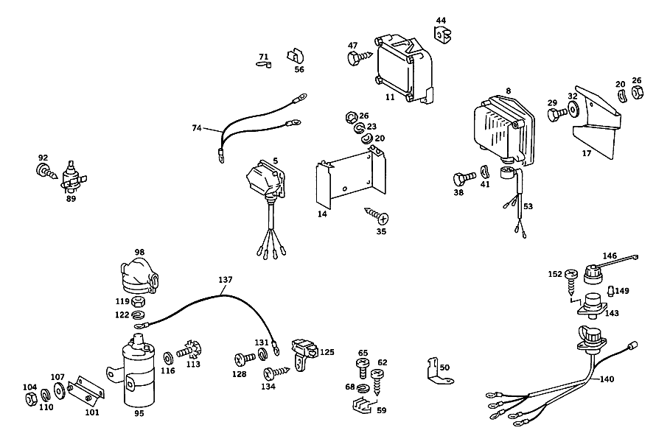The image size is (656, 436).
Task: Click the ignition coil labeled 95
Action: (x=138, y=372)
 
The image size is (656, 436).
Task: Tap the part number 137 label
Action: (x=225, y=280)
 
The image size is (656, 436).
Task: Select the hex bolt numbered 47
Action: (x=360, y=57)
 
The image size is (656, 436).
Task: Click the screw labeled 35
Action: (x=377, y=215)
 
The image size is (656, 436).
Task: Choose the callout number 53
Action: (x=528, y=206)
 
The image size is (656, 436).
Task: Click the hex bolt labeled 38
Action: (x=464, y=178)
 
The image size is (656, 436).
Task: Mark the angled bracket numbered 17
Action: (x=596, y=122)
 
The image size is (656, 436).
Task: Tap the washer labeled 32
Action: (x=573, y=110)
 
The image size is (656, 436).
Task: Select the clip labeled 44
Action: (x=444, y=35)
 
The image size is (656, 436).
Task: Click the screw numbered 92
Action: (x=46, y=172)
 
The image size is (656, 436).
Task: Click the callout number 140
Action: (x=607, y=379)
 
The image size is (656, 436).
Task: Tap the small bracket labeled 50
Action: (x=438, y=371)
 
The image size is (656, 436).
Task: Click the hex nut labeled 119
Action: (x=138, y=301)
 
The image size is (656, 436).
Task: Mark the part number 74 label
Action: (x=197, y=128)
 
